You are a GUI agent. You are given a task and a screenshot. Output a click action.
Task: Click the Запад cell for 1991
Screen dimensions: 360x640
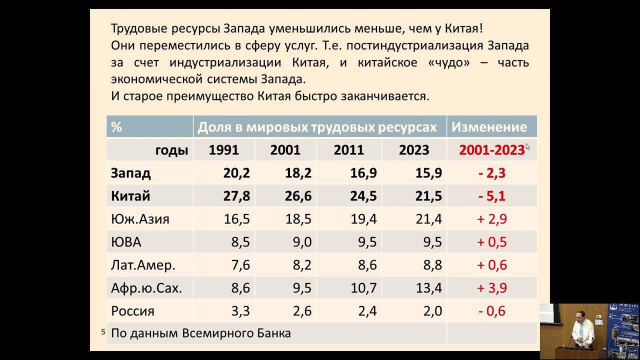(236, 173)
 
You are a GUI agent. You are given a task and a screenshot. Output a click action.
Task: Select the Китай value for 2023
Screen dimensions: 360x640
(428, 196)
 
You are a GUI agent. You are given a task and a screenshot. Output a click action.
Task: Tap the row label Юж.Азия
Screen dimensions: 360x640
(140, 219)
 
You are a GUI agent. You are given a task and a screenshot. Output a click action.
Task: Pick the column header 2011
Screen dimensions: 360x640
(348, 150)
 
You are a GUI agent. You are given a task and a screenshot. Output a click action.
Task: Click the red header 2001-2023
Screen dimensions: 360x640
(491, 150)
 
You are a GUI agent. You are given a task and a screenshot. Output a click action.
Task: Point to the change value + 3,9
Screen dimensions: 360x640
(492, 288)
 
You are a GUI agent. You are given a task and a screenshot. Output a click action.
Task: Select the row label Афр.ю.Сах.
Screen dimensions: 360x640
(146, 288)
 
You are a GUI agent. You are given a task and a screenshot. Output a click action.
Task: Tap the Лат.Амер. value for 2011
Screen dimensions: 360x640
(367, 265)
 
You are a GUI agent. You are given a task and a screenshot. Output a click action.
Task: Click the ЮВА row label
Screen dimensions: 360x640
(126, 242)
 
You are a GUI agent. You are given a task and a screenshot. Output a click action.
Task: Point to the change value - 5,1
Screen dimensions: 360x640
(492, 196)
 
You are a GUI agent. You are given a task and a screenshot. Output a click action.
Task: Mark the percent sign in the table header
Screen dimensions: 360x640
(116, 127)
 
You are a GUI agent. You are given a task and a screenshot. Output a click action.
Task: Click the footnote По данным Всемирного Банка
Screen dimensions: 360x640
(200, 333)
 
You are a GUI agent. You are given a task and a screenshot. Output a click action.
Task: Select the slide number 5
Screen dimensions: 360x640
(103, 331)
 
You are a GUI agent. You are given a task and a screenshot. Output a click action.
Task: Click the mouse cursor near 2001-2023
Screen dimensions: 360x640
(527, 146)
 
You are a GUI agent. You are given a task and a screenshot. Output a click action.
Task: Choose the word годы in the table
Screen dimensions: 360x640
(171, 150)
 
